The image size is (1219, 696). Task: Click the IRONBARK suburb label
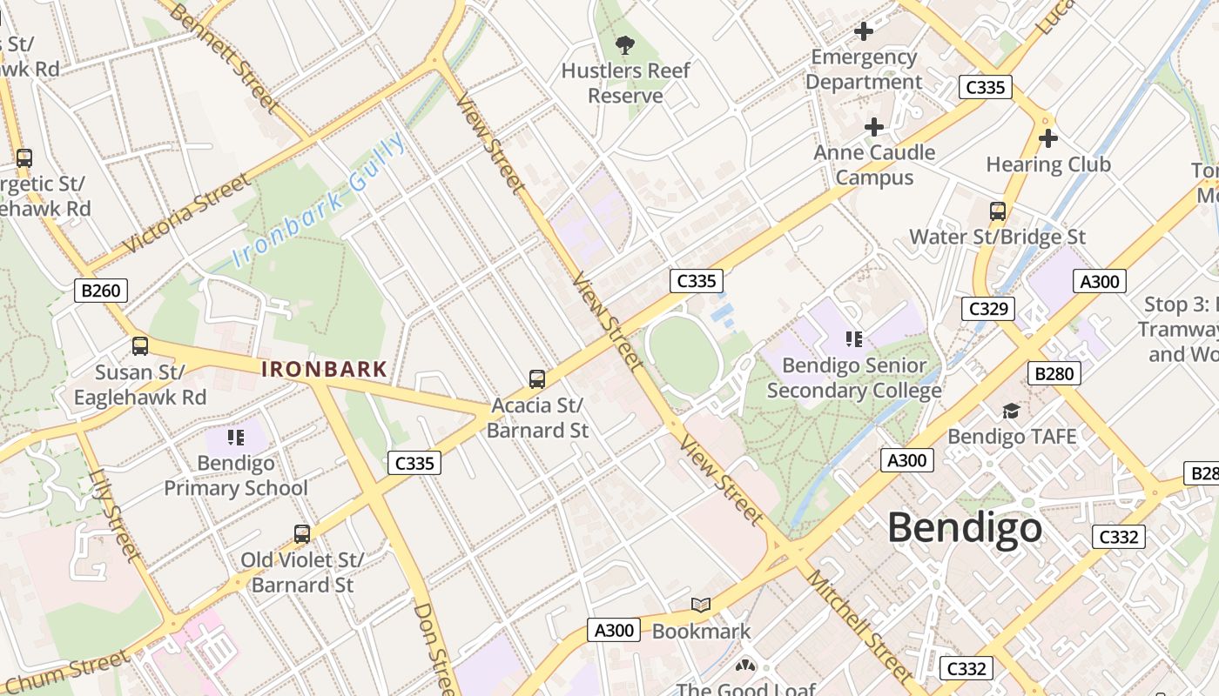pyautogui.click(x=324, y=369)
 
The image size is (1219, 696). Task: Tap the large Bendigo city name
pyautogui.click(x=965, y=528)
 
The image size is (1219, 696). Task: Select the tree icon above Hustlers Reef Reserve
pyautogui.click(x=624, y=45)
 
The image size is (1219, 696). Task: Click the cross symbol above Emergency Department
pyautogui.click(x=864, y=32)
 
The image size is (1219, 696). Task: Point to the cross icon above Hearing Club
pyautogui.click(x=1048, y=138)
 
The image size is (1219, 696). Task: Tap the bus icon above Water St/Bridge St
pyautogui.click(x=998, y=211)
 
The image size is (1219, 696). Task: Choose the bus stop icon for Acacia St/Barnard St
pyautogui.click(x=537, y=379)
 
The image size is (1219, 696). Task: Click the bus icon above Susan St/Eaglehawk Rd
pyautogui.click(x=140, y=346)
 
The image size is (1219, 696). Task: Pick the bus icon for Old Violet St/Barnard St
pyautogui.click(x=302, y=533)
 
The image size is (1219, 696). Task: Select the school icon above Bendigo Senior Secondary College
pyautogui.click(x=853, y=339)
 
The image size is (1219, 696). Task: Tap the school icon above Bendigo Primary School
pyautogui.click(x=235, y=437)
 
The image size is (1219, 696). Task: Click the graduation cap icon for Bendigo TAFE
pyautogui.click(x=1011, y=411)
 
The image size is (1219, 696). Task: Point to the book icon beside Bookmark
pyautogui.click(x=701, y=605)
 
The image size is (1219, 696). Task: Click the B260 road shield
pyautogui.click(x=100, y=291)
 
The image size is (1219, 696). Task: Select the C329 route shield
pyautogui.click(x=988, y=309)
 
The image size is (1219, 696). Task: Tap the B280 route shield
pyautogui.click(x=1054, y=373)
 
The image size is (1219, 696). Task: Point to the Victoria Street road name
pyautogui.click(x=186, y=214)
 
